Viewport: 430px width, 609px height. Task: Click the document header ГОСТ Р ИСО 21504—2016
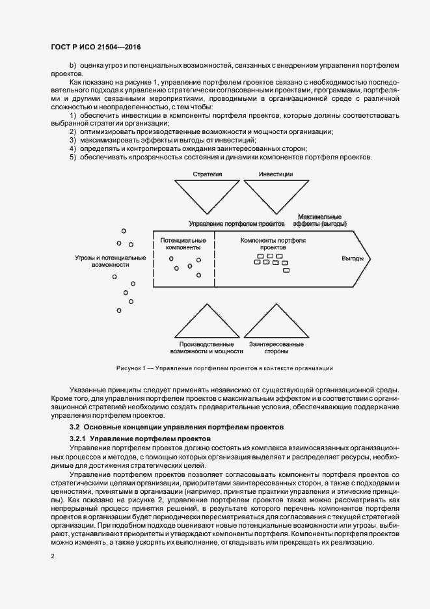(x=96, y=48)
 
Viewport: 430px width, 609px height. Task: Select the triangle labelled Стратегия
(x=208, y=195)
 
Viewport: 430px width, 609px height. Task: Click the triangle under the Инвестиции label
(x=275, y=195)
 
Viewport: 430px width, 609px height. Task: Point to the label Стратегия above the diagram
(x=208, y=174)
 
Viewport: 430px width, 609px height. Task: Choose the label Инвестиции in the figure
(x=275, y=174)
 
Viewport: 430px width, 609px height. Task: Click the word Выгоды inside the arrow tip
(x=353, y=258)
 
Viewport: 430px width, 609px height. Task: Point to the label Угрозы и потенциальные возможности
(x=110, y=262)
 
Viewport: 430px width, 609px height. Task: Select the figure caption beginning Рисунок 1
(x=224, y=368)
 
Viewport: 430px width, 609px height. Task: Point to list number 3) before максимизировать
(x=73, y=141)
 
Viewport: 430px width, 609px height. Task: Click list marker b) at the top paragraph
(x=73, y=66)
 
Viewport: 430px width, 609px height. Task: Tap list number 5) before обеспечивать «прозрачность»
(x=73, y=157)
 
